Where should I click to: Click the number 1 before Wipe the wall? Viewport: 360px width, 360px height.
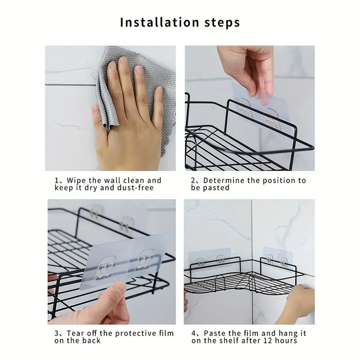point(57,180)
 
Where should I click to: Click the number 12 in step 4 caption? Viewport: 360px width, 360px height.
point(271,341)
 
